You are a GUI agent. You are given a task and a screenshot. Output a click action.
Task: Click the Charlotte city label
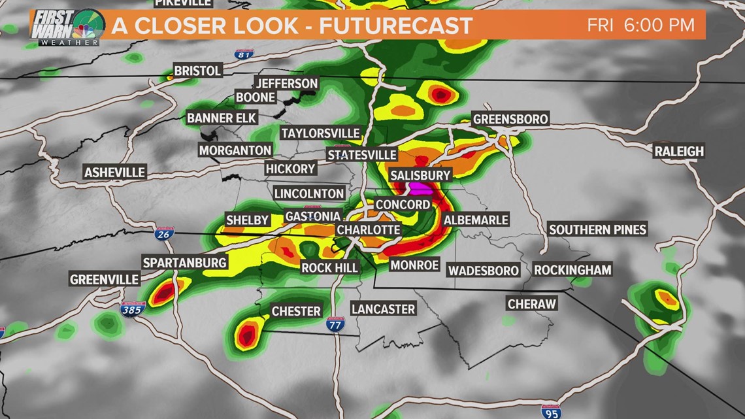[368, 229]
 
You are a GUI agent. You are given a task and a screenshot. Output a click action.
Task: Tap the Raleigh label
[680, 151]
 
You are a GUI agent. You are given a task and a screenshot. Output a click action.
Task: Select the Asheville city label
[114, 173]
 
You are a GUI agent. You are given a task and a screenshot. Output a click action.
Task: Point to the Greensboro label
[510, 119]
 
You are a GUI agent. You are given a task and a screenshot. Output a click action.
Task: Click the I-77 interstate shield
[336, 323]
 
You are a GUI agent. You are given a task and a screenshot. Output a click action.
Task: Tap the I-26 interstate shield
[164, 234]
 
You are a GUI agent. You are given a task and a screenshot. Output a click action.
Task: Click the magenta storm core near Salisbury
[420, 189]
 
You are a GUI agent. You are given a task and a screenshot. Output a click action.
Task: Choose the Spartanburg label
[185, 263]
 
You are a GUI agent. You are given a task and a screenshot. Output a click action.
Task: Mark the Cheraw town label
[532, 304]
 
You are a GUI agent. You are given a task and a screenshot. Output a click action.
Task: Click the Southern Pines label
[597, 229]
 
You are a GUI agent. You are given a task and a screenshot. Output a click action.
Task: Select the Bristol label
[198, 71]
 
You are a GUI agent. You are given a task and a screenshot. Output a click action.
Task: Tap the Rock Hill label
[329, 267]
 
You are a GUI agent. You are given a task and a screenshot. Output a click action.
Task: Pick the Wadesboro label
[483, 270]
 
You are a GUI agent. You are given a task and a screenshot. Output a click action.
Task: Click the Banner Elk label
[222, 118]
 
